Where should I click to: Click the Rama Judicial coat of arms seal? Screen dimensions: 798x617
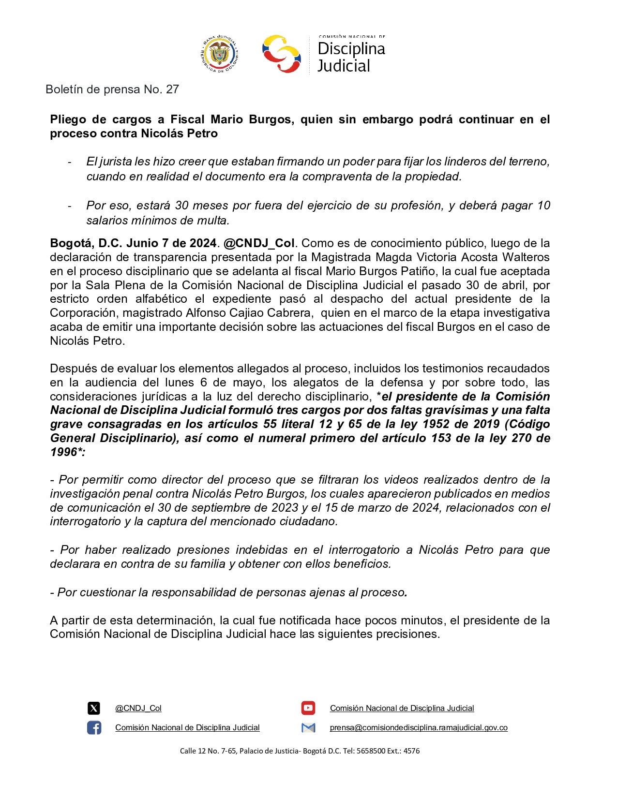219,54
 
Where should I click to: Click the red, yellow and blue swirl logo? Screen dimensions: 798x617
281,54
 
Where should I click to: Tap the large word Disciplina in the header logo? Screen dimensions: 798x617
351,48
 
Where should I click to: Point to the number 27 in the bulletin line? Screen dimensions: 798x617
172,89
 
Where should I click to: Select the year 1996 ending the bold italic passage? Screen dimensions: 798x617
63,452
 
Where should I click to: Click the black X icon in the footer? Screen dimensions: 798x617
94,709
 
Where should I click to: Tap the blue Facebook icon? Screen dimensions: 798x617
94,727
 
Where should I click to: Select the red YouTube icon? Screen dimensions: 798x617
308,709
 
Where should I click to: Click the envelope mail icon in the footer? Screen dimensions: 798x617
308,727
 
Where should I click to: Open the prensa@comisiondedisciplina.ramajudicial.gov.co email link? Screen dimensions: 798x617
419,727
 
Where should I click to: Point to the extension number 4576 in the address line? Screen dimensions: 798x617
411,751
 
